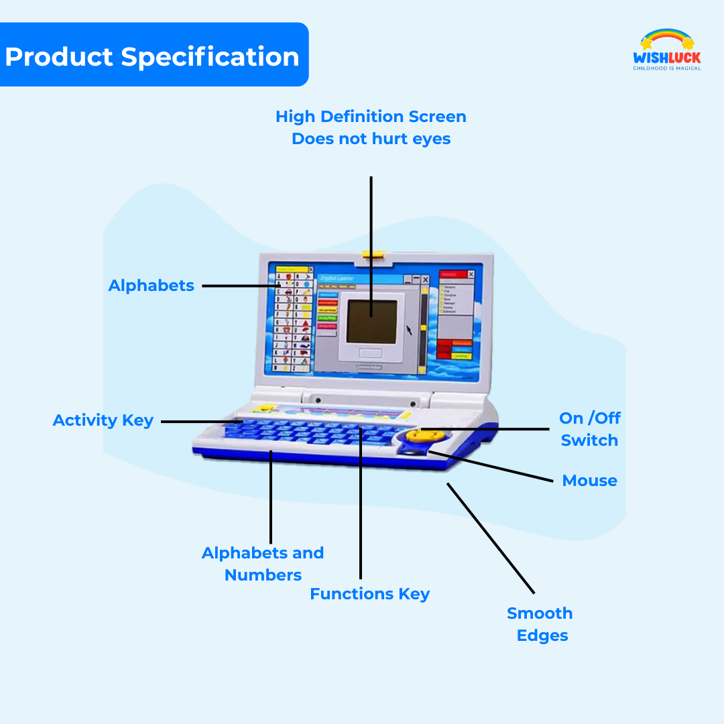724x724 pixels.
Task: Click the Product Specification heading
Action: click(x=152, y=56)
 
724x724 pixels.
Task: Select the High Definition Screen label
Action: click(x=371, y=127)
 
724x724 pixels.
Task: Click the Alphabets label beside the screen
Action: click(x=152, y=286)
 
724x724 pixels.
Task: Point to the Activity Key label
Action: click(x=103, y=421)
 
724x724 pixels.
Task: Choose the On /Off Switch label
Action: click(x=590, y=429)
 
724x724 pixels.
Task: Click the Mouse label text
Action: click(x=590, y=481)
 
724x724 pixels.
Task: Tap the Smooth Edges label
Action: click(x=540, y=624)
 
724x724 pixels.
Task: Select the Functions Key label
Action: click(x=370, y=594)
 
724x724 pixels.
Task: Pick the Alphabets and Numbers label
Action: click(x=263, y=564)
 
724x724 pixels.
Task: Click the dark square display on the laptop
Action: click(x=372, y=317)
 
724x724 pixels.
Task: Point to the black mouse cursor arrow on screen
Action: click(x=408, y=330)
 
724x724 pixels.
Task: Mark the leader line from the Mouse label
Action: click(x=496, y=467)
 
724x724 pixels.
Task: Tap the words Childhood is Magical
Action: click(x=667, y=68)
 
